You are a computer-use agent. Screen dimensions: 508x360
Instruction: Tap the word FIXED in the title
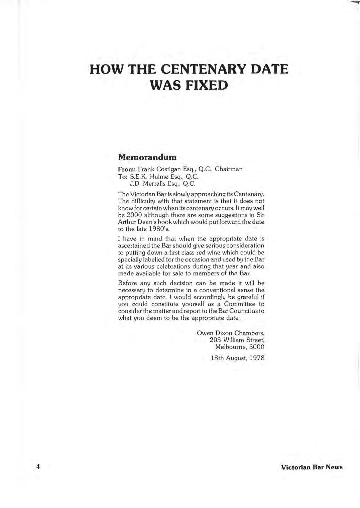(x=207, y=85)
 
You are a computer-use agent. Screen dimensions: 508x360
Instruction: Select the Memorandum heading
(x=147, y=157)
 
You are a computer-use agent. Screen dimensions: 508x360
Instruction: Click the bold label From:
(x=127, y=169)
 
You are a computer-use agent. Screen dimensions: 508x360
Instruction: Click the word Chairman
(x=229, y=169)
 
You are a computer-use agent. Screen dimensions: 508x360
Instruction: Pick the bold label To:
(x=123, y=176)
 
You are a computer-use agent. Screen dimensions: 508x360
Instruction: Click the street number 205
(x=215, y=340)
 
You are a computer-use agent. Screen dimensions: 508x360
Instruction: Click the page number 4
(x=38, y=467)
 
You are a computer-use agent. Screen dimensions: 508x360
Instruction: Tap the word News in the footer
(x=334, y=467)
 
